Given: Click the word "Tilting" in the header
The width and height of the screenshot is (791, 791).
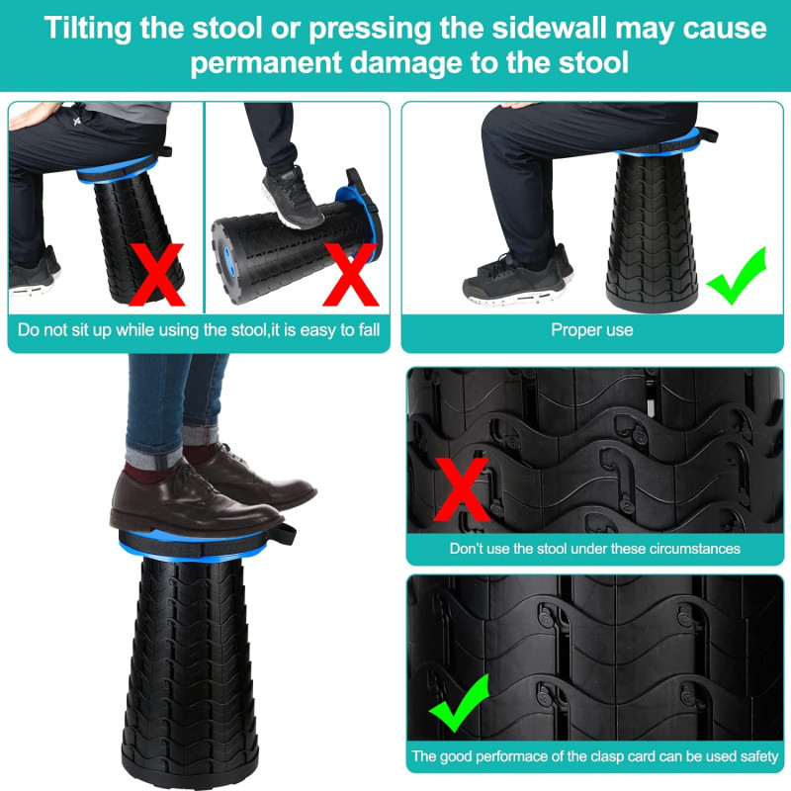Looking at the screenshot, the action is tap(88, 28).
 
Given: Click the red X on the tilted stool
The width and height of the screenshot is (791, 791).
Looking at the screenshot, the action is tap(157, 275).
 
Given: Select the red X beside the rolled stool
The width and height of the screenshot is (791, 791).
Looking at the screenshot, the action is tap(351, 275).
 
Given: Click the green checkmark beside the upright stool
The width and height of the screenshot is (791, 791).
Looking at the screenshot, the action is tap(738, 277).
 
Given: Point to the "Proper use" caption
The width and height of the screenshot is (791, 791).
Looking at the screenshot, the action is tap(591, 330).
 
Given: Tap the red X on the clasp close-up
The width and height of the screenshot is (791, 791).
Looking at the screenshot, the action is tap(461, 489).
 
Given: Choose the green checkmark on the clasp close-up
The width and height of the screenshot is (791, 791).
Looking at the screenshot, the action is tap(459, 703).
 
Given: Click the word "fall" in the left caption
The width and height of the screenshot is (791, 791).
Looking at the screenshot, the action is tap(369, 330).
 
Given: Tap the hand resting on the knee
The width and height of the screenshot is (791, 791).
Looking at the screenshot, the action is tap(33, 114).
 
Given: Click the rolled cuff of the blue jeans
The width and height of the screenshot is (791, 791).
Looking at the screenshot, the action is tap(154, 457).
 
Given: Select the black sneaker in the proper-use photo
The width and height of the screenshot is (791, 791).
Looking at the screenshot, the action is tap(514, 281).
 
